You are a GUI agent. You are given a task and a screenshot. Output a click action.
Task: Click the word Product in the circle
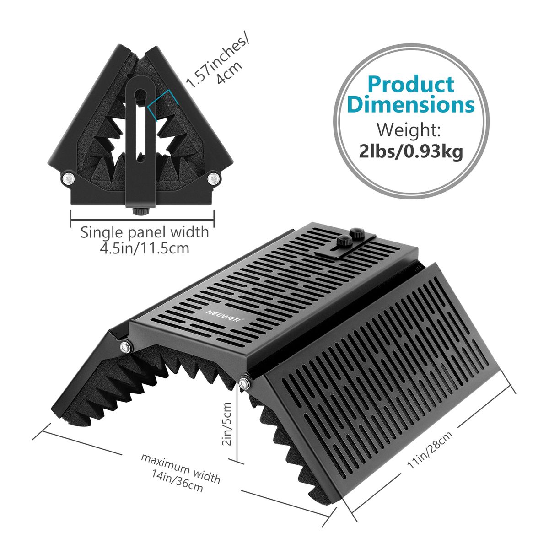[410, 84]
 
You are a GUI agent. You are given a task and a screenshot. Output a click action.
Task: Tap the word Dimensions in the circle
[410, 105]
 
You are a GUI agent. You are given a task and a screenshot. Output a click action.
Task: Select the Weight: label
[409, 130]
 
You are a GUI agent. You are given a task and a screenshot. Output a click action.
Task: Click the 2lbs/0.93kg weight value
[410, 151]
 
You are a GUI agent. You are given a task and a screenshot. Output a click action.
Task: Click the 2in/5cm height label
[227, 424]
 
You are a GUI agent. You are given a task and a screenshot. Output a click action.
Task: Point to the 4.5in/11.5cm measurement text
[145, 248]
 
